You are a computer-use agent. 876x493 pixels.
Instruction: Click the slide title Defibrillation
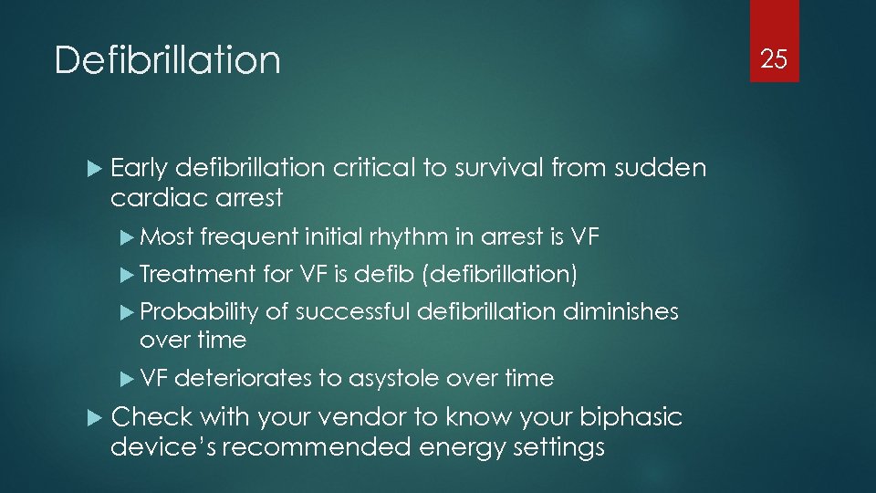click(167, 60)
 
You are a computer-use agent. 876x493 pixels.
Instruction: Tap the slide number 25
click(774, 60)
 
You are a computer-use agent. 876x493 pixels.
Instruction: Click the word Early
click(139, 169)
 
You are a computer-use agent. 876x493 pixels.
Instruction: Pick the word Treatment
click(197, 273)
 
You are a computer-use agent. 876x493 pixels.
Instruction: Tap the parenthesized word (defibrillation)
click(503, 273)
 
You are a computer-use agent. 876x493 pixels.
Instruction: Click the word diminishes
click(620, 312)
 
